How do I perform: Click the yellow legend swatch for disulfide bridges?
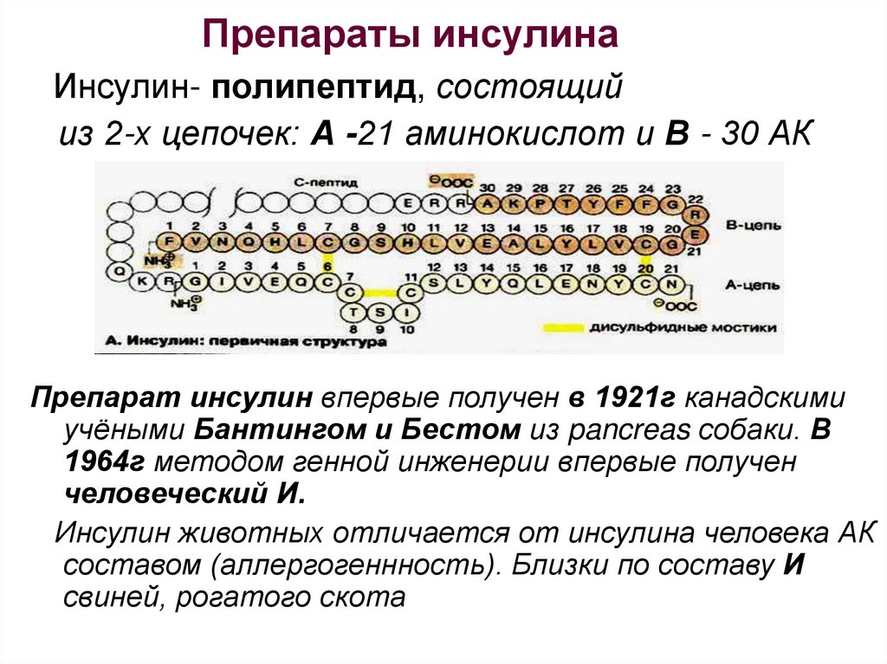click(560, 329)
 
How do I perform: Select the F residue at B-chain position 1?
click(170, 242)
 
